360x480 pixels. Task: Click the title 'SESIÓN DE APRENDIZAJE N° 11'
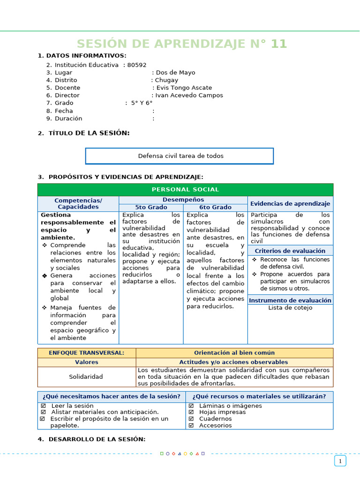pyautogui.click(x=182, y=44)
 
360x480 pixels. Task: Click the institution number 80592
pyautogui.click(x=137, y=65)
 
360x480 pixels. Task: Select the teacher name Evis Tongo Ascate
pyautogui.click(x=184, y=88)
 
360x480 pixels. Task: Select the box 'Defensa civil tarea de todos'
pyautogui.click(x=180, y=156)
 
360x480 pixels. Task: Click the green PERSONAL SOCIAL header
pyautogui.click(x=185, y=189)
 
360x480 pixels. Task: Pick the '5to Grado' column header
pyautogui.click(x=151, y=207)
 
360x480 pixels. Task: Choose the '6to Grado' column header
pyautogui.click(x=215, y=207)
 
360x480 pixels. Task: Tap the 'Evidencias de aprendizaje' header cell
pyautogui.click(x=290, y=203)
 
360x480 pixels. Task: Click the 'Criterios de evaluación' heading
pyautogui.click(x=290, y=251)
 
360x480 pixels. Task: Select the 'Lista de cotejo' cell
pyautogui.click(x=290, y=308)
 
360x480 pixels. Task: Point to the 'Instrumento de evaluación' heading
pyautogui.click(x=290, y=300)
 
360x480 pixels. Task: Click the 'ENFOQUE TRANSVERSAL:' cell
pyautogui.click(x=87, y=352)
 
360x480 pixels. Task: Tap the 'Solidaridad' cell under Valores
pyautogui.click(x=86, y=376)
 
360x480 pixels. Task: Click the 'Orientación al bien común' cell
pyautogui.click(x=234, y=352)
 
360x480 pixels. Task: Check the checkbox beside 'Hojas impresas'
pyautogui.click(x=191, y=412)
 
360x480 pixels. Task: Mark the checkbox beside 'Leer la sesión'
pyautogui.click(x=43, y=406)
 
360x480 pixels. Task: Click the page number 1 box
pyautogui.click(x=340, y=461)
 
